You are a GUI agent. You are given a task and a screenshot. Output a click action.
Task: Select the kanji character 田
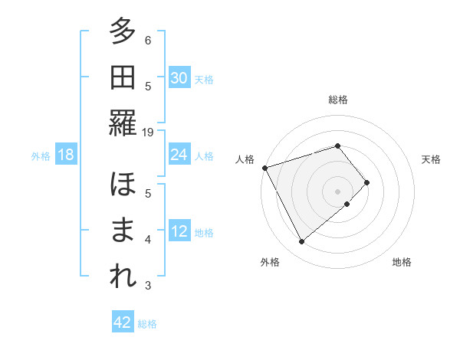tap(123, 78)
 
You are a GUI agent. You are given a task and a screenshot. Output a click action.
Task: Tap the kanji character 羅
tap(123, 123)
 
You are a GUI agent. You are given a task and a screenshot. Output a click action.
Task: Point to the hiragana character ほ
tap(123, 186)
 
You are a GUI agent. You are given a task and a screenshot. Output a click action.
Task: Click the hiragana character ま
tap(123, 231)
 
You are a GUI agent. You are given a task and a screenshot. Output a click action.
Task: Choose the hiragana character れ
tap(123, 277)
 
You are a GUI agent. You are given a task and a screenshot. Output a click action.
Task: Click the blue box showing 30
tap(179, 78)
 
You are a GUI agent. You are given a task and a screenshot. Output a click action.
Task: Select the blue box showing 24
tap(179, 155)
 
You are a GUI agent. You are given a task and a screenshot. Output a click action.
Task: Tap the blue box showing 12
tap(179, 231)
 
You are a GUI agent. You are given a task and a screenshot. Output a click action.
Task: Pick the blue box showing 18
tap(66, 155)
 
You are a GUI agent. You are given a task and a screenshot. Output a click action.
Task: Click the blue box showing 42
tap(123, 322)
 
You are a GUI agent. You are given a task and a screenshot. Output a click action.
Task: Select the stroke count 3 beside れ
tap(148, 286)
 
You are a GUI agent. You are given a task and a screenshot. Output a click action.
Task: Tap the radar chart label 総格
tap(338, 100)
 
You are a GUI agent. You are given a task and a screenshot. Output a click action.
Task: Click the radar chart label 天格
tap(432, 159)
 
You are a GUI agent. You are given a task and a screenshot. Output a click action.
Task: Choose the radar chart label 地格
tap(402, 262)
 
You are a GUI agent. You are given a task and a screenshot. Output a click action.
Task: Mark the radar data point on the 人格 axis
tap(264, 167)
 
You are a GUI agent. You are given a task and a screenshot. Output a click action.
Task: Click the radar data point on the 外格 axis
tap(302, 242)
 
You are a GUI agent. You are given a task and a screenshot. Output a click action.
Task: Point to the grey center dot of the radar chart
tap(337, 191)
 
